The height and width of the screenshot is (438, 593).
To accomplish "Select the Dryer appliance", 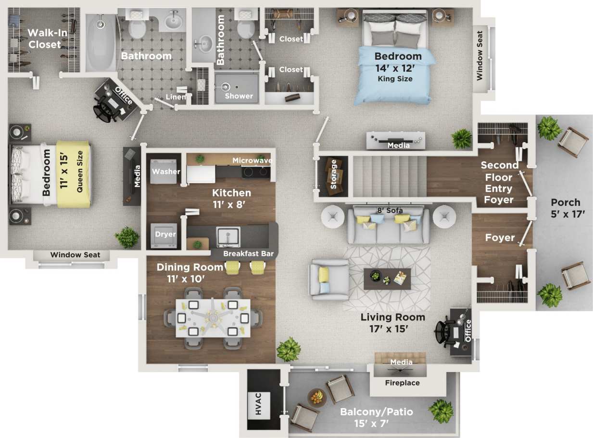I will [164, 235].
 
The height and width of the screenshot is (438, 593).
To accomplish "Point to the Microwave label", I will [252, 160].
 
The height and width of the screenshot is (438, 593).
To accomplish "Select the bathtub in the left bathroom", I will [101, 43].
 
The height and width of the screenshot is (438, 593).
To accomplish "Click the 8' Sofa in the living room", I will [389, 225].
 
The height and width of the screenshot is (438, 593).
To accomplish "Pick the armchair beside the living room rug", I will [329, 280].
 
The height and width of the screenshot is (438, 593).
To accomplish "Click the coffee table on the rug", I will [387, 278].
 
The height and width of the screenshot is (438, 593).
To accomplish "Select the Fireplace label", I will [402, 383].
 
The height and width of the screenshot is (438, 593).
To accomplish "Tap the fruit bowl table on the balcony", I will [316, 398].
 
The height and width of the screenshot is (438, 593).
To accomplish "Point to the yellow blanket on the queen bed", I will [73, 174].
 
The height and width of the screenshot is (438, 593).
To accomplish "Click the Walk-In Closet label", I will [44, 39].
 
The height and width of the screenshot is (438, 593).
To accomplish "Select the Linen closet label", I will [176, 97].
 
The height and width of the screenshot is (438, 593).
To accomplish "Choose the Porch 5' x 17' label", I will [565, 208].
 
